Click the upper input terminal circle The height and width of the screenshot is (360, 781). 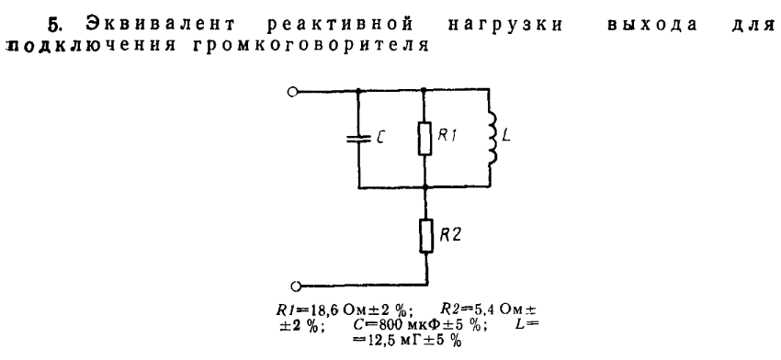[x=293, y=92]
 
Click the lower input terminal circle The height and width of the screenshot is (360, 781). [x=295, y=286]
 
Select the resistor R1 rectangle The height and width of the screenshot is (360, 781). [x=424, y=138]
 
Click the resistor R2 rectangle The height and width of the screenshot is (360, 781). [x=424, y=236]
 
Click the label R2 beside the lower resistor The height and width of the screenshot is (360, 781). [x=449, y=235]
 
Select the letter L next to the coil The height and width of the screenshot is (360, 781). [x=506, y=136]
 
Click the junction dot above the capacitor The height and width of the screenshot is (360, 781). [x=358, y=91]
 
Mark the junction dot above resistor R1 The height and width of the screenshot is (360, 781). [x=424, y=91]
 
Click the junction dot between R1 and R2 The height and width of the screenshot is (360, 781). [x=424, y=187]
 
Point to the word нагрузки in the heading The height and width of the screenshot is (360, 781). [x=505, y=25]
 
